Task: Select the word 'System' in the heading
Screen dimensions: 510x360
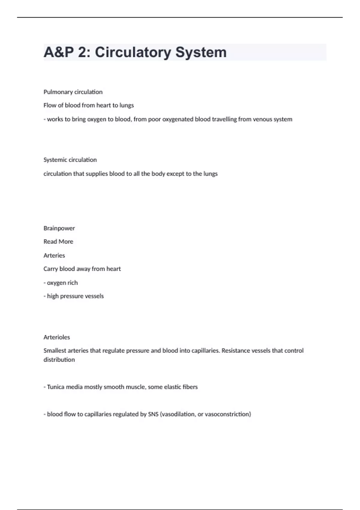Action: (201, 52)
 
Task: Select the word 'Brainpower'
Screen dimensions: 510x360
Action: (59, 228)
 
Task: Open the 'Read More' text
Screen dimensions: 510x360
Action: (58, 241)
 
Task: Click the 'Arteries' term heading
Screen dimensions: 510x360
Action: (54, 255)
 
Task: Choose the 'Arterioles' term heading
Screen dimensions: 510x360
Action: (56, 337)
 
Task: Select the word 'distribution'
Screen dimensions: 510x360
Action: (59, 360)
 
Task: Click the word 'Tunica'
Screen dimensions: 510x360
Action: (55, 387)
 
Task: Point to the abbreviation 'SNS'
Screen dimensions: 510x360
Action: (153, 414)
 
